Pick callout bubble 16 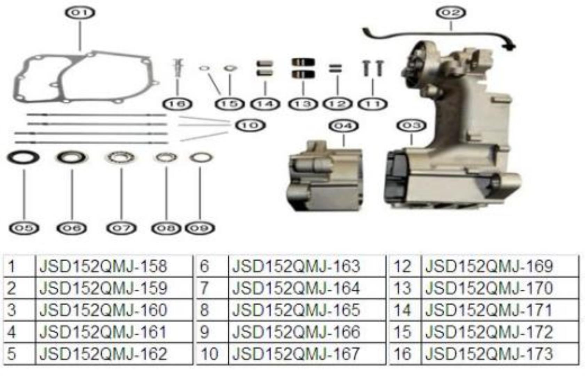point(177,104)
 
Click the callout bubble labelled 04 point(343,126)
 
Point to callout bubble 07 point(121,228)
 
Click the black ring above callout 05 point(24,158)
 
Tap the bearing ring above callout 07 point(121,157)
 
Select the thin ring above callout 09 point(201,158)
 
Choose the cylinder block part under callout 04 point(325,177)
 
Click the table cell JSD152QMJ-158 point(103,266)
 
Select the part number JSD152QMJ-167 point(296,353)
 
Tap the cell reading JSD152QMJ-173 point(489,353)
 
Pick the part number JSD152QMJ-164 point(296,288)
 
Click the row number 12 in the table point(402,266)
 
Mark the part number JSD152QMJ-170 point(489,288)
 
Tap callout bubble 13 point(303,104)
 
